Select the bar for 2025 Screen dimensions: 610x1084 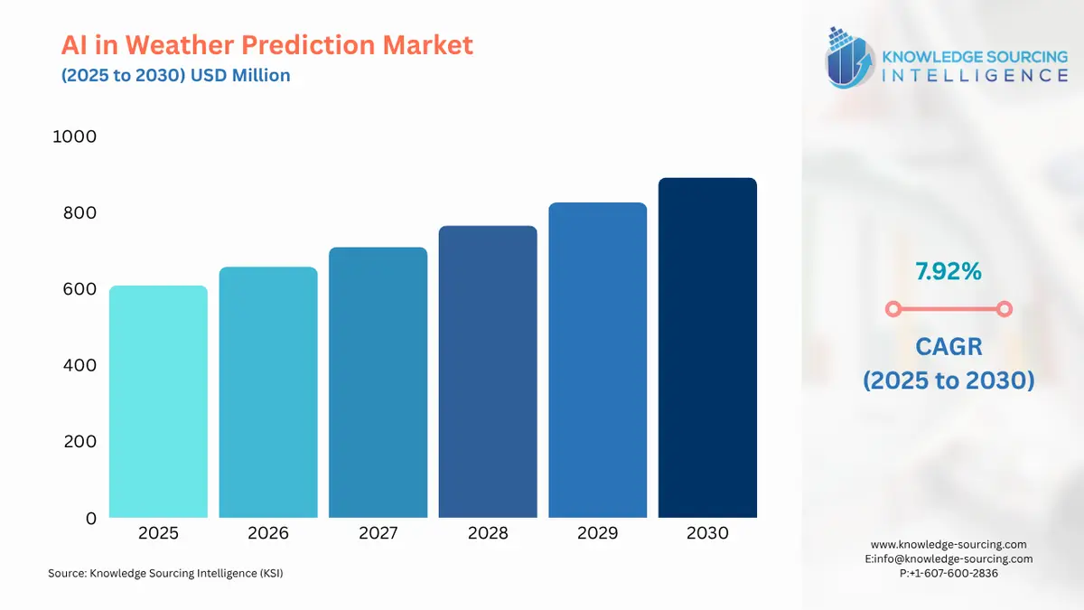pyautogui.click(x=158, y=402)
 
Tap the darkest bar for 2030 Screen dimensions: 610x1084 pyautogui.click(x=707, y=348)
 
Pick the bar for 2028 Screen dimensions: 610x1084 pyautogui.click(x=488, y=371)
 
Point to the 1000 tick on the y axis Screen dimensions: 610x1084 pyautogui.click(x=74, y=136)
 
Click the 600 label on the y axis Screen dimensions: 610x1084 pyautogui.click(x=79, y=289)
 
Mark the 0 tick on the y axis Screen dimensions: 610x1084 pyautogui.click(x=90, y=519)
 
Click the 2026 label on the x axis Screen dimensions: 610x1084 pyautogui.click(x=268, y=533)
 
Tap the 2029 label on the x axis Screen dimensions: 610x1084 pyautogui.click(x=597, y=533)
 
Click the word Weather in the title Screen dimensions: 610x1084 pyautogui.click(x=191, y=44)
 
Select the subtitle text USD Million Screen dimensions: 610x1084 pyautogui.click(x=240, y=75)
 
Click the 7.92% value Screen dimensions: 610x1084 pyautogui.click(x=948, y=270)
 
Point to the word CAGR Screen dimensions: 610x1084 pyautogui.click(x=948, y=346)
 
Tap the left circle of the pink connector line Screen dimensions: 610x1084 pyautogui.click(x=892, y=309)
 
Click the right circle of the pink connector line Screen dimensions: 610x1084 pyautogui.click(x=1004, y=309)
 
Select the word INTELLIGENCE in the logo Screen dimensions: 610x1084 pyautogui.click(x=973, y=75)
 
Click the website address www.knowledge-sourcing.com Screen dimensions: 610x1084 pyautogui.click(x=948, y=544)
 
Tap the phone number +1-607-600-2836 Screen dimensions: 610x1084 pyautogui.click(x=954, y=573)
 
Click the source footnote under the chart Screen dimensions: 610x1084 pyautogui.click(x=165, y=573)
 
